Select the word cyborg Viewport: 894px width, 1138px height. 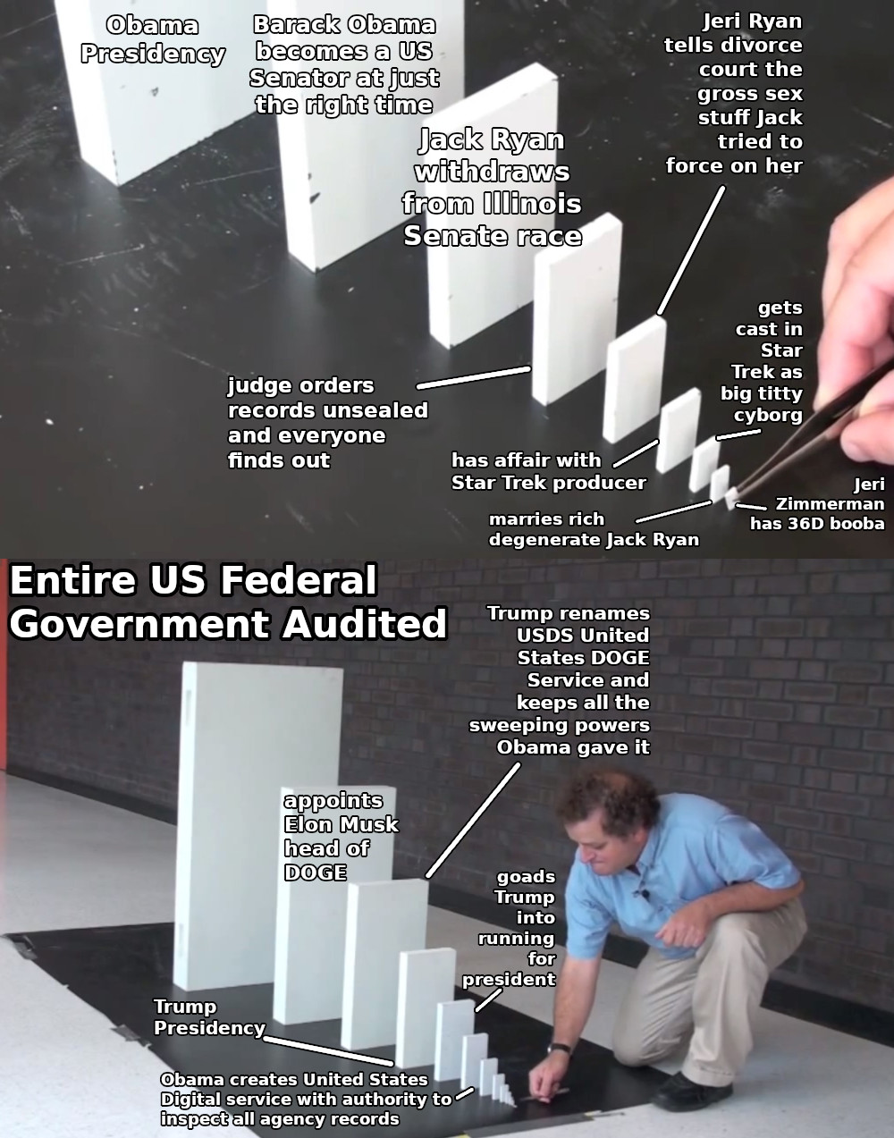pyautogui.click(x=768, y=416)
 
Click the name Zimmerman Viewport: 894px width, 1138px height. pyautogui.click(x=830, y=504)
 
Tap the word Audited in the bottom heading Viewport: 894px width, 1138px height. pyautogui.click(x=365, y=624)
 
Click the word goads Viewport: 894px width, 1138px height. pyautogui.click(x=526, y=877)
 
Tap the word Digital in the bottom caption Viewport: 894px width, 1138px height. pyautogui.click(x=190, y=1100)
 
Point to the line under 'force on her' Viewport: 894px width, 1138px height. pyautogui.click(x=691, y=249)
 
